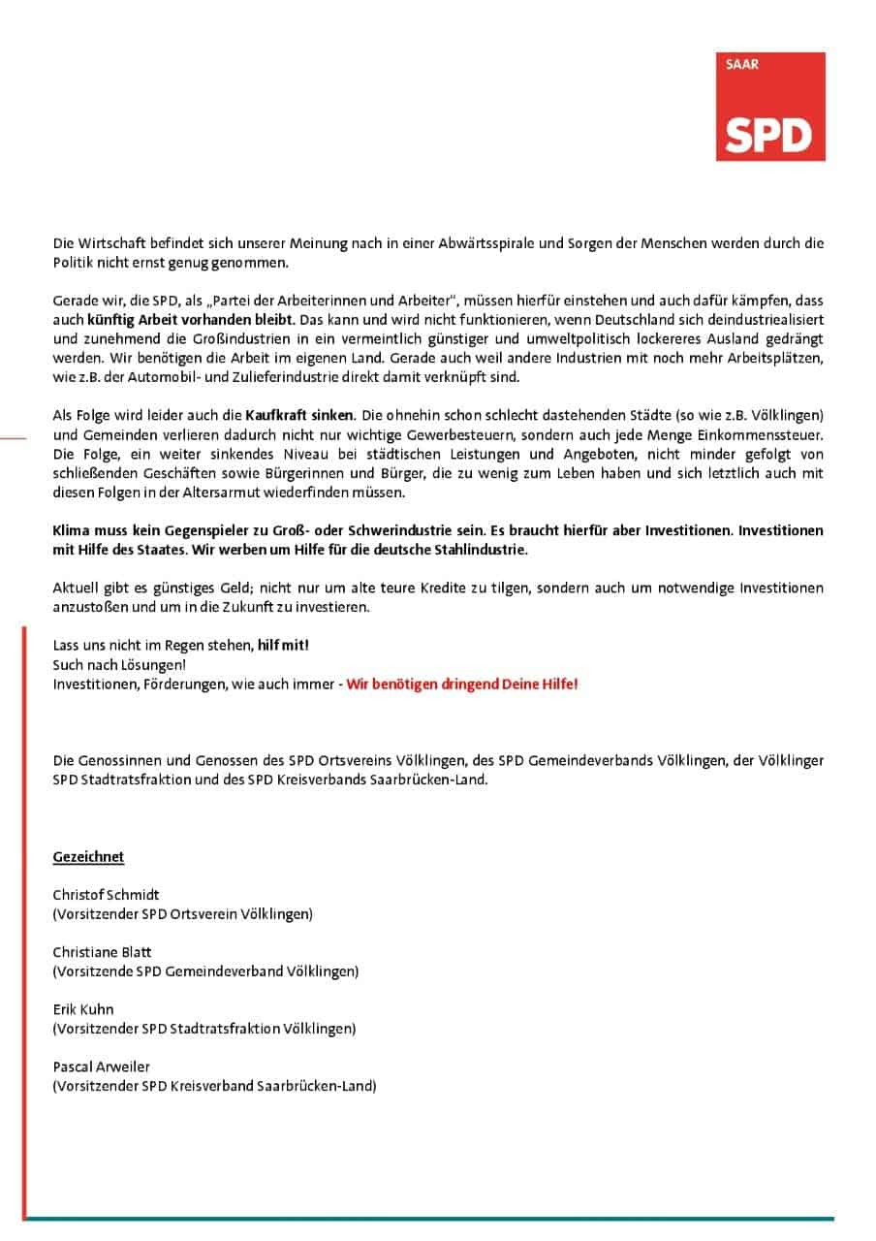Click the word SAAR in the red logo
pyautogui.click(x=742, y=66)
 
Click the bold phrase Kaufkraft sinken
pyautogui.click(x=299, y=415)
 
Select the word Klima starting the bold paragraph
pyautogui.click(x=71, y=531)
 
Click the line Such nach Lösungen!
pyautogui.click(x=118, y=664)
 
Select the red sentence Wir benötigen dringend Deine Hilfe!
pyautogui.click(x=462, y=684)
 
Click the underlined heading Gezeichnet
pyautogui.click(x=88, y=857)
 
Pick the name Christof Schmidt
pyautogui.click(x=106, y=895)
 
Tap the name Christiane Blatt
pyautogui.click(x=102, y=952)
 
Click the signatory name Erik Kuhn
pyautogui.click(x=83, y=1009)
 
